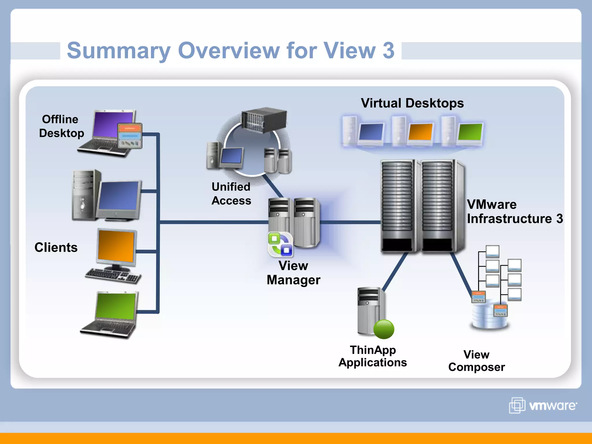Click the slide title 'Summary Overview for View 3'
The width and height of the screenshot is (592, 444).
pyautogui.click(x=230, y=50)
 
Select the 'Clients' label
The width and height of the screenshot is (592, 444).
pyautogui.click(x=56, y=247)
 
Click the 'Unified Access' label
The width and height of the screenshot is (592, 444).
pyautogui.click(x=231, y=194)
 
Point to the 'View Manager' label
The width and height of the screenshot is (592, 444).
pyautogui.click(x=293, y=273)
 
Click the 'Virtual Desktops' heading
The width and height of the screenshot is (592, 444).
pyautogui.click(x=412, y=103)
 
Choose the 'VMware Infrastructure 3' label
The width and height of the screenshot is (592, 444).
pyautogui.click(x=514, y=212)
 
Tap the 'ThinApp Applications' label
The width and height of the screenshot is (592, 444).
pyautogui.click(x=372, y=356)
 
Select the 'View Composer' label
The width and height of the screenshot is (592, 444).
pyautogui.click(x=476, y=361)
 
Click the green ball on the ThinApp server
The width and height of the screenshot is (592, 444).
pyautogui.click(x=384, y=329)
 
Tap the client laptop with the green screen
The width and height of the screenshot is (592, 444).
pyautogui.click(x=113, y=314)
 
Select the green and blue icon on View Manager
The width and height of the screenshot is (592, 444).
pyautogui.click(x=280, y=245)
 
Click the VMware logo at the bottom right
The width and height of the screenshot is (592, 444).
pyautogui.click(x=543, y=405)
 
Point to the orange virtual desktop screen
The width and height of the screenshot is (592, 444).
pyautogui.click(x=421, y=132)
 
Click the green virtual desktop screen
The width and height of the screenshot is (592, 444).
pyautogui.click(x=470, y=132)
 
